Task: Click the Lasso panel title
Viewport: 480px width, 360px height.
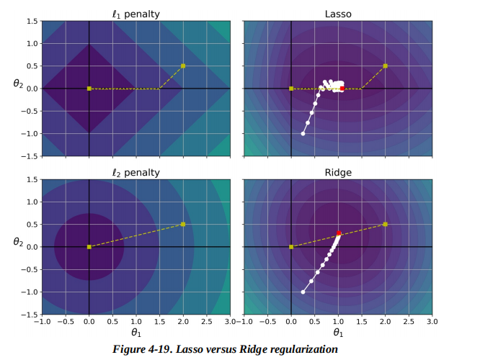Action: [337, 14]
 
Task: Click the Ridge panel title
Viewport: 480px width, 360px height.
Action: [337, 172]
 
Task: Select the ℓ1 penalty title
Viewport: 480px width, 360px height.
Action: [135, 14]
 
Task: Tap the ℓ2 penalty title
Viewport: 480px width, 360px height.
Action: [135, 172]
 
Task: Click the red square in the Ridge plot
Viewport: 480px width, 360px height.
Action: [339, 233]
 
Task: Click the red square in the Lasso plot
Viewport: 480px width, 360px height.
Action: [342, 88]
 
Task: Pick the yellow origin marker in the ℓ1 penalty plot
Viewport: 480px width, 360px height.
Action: [89, 89]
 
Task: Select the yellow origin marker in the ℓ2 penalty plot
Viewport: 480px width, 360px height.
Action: [89, 247]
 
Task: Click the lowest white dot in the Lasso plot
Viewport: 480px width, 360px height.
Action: [303, 134]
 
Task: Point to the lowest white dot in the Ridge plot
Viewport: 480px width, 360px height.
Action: [303, 292]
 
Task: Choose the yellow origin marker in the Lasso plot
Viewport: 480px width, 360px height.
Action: [291, 89]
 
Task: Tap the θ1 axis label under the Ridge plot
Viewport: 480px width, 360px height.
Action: [337, 333]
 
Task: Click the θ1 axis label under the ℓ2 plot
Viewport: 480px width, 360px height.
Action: [135, 333]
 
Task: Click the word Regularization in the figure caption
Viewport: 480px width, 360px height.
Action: [301, 349]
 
